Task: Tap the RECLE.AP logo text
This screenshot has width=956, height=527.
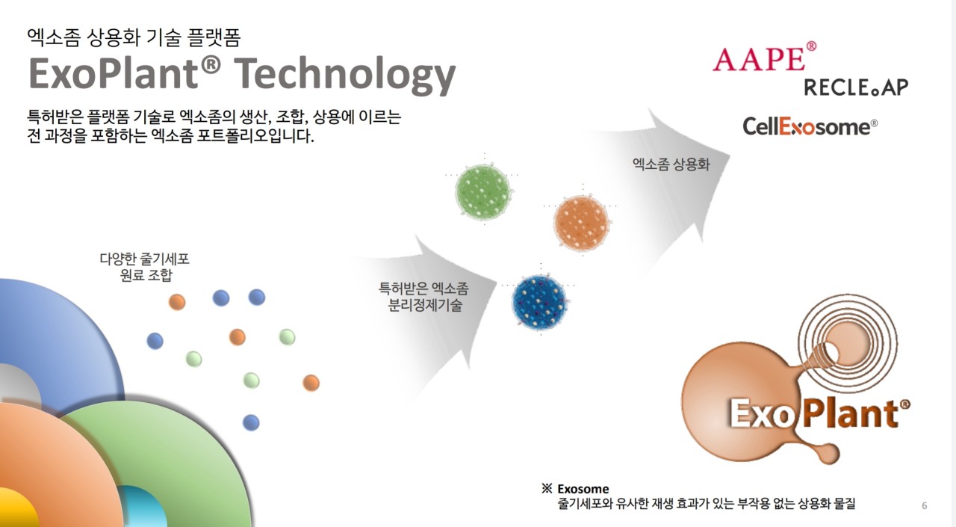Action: point(856,87)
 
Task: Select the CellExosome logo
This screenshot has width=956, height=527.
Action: point(810,126)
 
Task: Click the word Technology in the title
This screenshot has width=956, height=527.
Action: point(345,75)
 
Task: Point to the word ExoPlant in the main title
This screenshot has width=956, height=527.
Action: point(125,73)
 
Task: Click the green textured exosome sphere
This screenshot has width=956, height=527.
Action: point(483,192)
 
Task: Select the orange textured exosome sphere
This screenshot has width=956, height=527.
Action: point(581,223)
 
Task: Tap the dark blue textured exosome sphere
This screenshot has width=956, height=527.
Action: point(540,302)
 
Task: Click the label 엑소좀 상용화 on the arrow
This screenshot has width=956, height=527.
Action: point(671,164)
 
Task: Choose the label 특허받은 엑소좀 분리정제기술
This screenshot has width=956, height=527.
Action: point(423,296)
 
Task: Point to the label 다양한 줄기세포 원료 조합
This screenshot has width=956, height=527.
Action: point(145,266)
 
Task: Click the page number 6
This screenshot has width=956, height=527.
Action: point(925,506)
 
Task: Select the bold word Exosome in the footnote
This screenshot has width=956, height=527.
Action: point(583,489)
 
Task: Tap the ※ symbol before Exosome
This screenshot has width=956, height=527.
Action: point(547,488)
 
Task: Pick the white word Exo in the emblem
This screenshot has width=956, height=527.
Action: point(760,413)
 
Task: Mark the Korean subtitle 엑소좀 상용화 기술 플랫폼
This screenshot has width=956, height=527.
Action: point(134,37)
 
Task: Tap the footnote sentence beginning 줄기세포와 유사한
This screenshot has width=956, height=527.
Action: point(707,504)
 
